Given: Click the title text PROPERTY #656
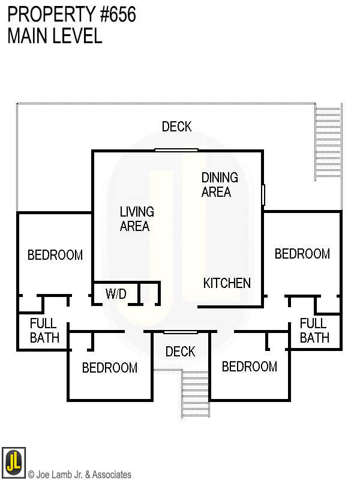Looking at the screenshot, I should click(x=71, y=15).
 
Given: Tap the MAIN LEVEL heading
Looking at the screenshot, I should click(x=55, y=36).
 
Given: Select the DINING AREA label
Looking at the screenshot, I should click(x=220, y=185).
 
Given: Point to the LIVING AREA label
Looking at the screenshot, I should click(x=137, y=219).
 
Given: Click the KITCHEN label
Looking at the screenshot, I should click(x=227, y=283).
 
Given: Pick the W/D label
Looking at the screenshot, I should click(x=116, y=294).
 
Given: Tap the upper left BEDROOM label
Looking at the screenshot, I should click(x=55, y=255).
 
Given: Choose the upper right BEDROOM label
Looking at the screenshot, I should click(x=302, y=254).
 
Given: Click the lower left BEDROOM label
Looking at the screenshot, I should click(x=110, y=368).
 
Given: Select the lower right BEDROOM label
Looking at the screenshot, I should click(x=250, y=367).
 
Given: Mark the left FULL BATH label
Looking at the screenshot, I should click(x=45, y=330).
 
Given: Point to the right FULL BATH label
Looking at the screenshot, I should click(x=314, y=330).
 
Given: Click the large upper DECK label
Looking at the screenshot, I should click(x=177, y=127).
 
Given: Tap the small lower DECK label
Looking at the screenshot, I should click(x=181, y=352).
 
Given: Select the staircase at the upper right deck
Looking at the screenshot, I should click(x=328, y=143).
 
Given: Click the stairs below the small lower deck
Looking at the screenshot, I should click(x=196, y=394).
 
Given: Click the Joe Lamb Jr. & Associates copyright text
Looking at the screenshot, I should click(x=80, y=475).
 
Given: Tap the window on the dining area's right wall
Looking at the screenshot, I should click(x=263, y=195).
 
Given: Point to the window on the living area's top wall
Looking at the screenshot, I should click(x=176, y=150).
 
